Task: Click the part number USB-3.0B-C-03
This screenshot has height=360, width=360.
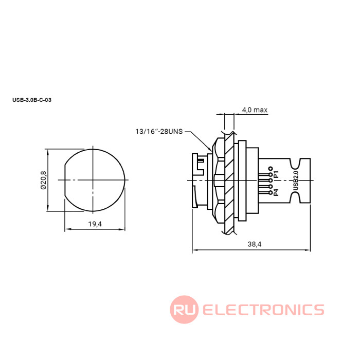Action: [x=32, y=100]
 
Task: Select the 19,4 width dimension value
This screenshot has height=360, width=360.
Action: [x=95, y=224]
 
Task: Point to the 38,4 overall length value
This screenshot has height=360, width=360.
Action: [x=255, y=245]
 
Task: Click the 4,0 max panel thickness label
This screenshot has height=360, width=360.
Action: [x=255, y=110]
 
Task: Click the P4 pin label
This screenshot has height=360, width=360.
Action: [x=277, y=192]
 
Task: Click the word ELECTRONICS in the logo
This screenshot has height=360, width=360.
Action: [x=263, y=310]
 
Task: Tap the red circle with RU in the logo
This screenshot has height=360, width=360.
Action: [x=184, y=310]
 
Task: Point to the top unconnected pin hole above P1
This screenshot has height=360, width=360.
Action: [x=270, y=168]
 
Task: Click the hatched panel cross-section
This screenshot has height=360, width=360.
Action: [x=229, y=180]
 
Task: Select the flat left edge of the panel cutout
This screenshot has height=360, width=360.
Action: [x=64, y=179]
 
